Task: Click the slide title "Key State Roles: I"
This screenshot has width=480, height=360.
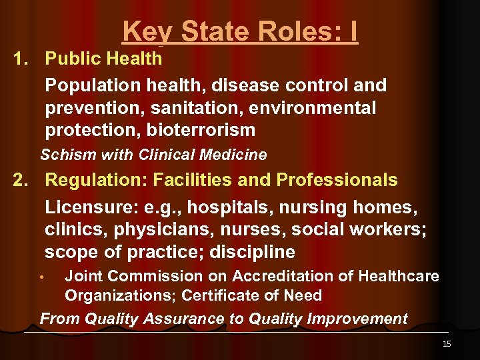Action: (x=240, y=31)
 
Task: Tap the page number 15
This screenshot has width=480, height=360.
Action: (x=446, y=344)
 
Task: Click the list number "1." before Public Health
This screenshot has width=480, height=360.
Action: (x=22, y=59)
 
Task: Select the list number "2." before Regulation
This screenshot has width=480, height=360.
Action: (x=22, y=180)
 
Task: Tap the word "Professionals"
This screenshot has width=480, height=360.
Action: (x=337, y=180)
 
